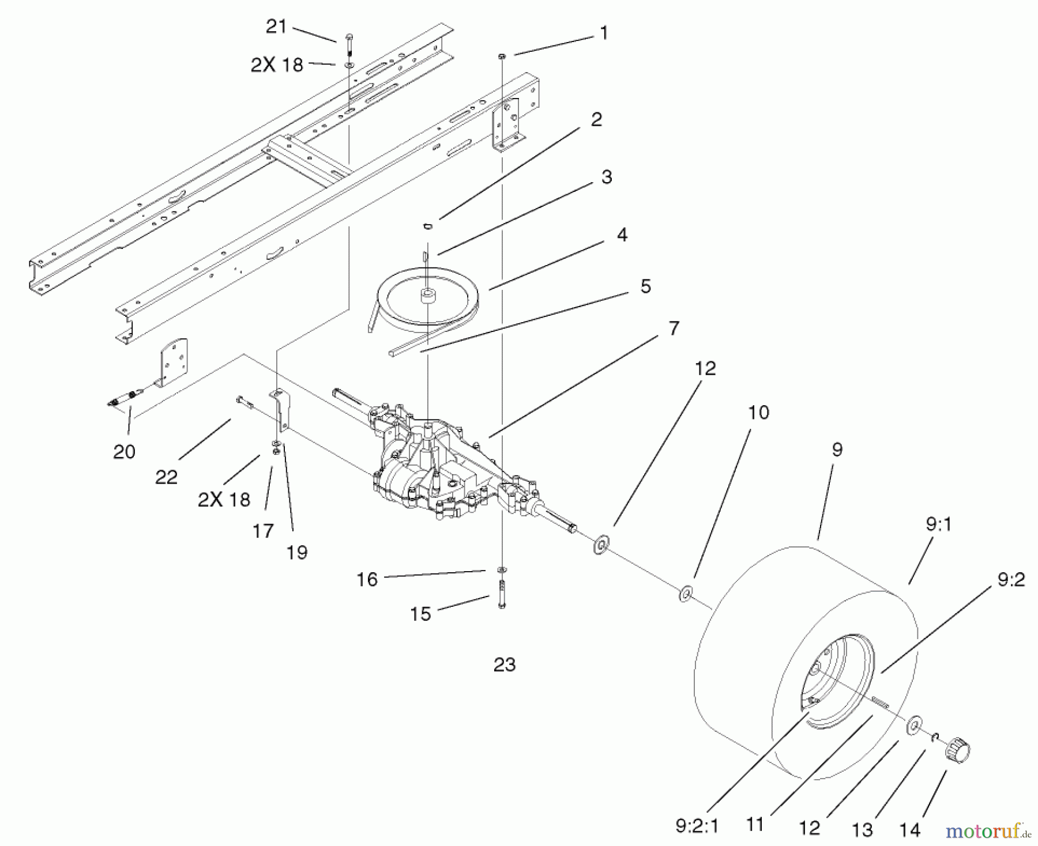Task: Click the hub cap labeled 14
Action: (x=957, y=749)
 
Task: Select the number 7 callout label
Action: (x=674, y=328)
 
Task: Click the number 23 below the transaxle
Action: (x=505, y=664)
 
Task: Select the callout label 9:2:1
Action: (x=697, y=826)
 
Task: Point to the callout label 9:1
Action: (x=939, y=524)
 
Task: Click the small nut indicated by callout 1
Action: (x=502, y=55)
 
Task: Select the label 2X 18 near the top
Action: (x=276, y=65)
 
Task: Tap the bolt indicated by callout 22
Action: (x=245, y=401)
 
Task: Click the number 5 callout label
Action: (x=645, y=286)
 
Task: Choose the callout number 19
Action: (x=297, y=552)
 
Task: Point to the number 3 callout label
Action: (x=607, y=177)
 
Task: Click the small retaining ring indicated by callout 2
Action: (x=428, y=226)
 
